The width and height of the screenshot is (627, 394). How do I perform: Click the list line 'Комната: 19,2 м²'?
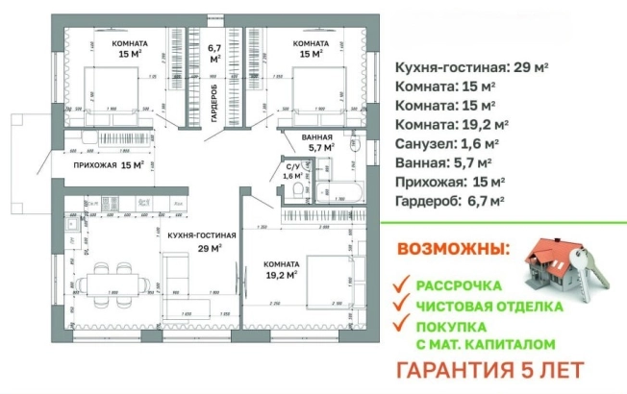(x=452, y=124)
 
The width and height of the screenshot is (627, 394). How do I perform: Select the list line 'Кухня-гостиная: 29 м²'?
(x=472, y=67)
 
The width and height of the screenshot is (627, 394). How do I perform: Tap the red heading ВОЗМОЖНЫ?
(x=452, y=249)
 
